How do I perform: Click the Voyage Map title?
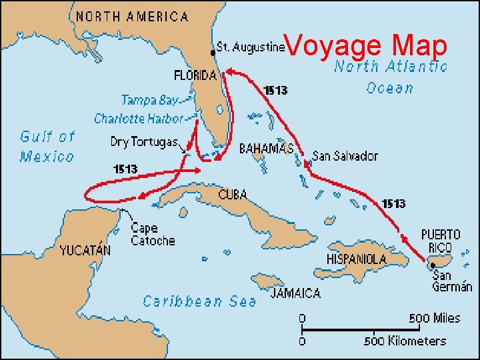point(368,47)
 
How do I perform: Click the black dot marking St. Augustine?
point(214,51)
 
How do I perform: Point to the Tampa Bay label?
point(149,100)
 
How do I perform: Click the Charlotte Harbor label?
point(138,119)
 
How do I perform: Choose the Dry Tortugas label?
point(143,142)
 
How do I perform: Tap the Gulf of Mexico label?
point(47,146)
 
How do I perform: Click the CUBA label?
point(233,195)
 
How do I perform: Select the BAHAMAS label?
point(266,147)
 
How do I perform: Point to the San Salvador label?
point(345,156)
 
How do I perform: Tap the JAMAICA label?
point(295,293)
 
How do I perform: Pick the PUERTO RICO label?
point(441,241)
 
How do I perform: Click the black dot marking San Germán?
point(433,265)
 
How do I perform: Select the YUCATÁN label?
point(85,251)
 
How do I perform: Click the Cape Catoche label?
point(153,234)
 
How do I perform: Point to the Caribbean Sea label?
point(199,301)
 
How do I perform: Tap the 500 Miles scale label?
point(434,318)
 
